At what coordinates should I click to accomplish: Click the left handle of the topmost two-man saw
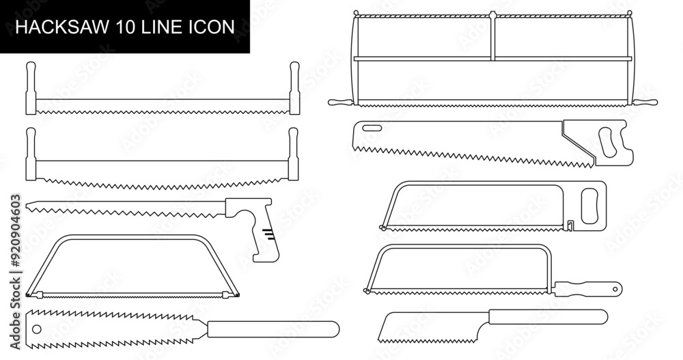30,89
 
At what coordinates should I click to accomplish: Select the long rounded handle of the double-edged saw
273,329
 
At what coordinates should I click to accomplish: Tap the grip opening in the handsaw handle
607,143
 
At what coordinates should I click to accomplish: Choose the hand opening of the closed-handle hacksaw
589,204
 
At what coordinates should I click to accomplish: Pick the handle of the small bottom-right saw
546,318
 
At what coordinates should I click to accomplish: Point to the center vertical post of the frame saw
492,38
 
